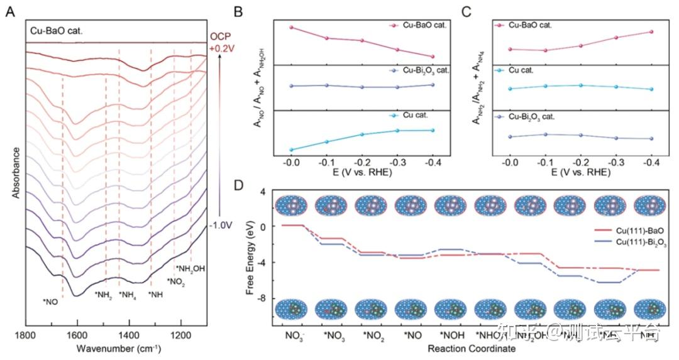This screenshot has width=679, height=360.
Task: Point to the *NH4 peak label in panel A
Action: tap(128, 295)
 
